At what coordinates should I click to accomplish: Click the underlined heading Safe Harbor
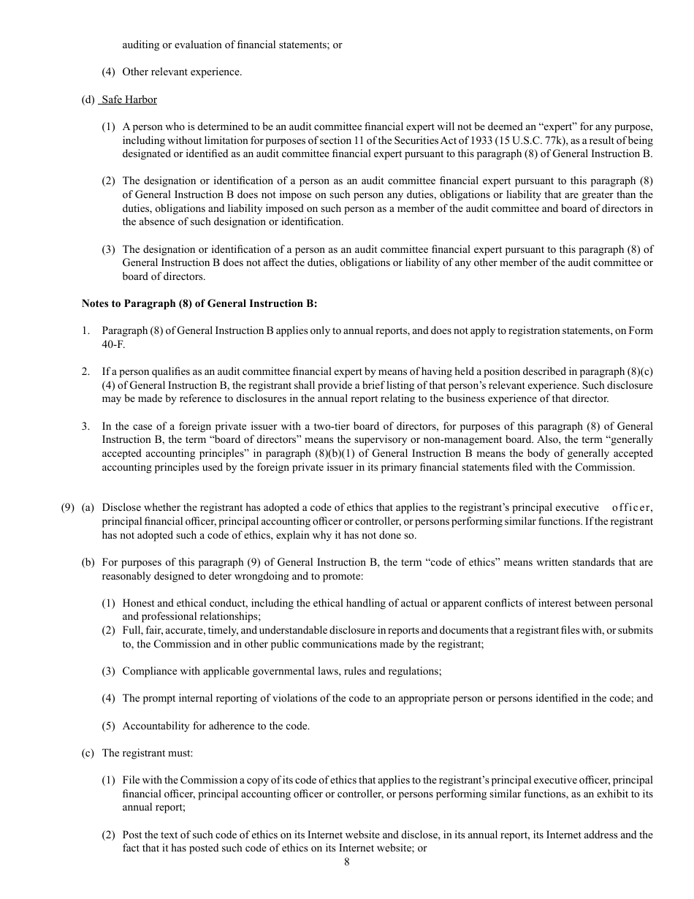pyautogui.click(x=129, y=99)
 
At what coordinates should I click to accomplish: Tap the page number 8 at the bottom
pyautogui.click(x=347, y=862)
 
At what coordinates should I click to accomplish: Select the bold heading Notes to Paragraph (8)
pyautogui.click(x=199, y=303)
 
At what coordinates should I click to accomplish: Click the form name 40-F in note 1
pyautogui.click(x=113, y=344)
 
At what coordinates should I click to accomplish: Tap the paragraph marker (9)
pyautogui.click(x=68, y=508)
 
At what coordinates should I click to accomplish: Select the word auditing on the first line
pyautogui.click(x=141, y=45)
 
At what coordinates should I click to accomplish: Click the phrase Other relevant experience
pyautogui.click(x=182, y=72)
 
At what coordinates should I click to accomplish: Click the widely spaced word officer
pyautogui.click(x=632, y=508)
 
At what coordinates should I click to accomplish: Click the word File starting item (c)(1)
pyautogui.click(x=131, y=780)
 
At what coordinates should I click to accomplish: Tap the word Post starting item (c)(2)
pyautogui.click(x=132, y=835)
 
